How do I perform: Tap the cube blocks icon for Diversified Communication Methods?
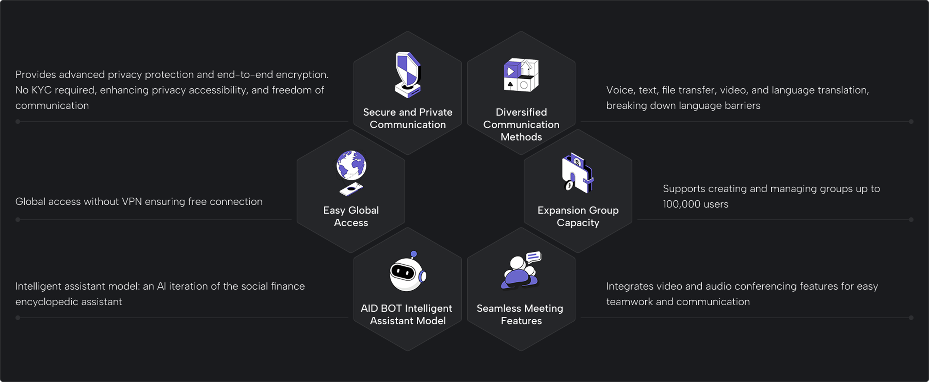(521, 75)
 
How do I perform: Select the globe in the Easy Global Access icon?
(351, 165)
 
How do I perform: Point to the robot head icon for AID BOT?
(406, 274)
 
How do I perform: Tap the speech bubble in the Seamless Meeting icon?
(533, 257)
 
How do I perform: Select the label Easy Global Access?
(351, 217)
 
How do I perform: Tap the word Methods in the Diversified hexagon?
(521, 137)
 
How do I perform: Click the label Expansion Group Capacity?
(578, 217)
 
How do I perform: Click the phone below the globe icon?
(351, 189)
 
